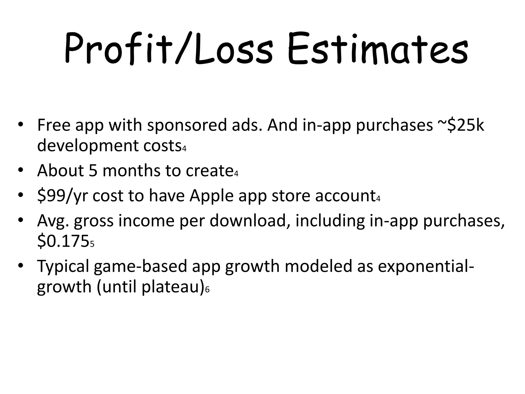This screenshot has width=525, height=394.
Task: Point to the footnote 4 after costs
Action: click(x=184, y=149)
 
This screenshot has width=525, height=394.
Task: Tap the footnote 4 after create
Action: click(x=236, y=174)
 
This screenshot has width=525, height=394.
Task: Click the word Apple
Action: click(x=211, y=196)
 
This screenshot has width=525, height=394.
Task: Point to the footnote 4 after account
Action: click(x=378, y=199)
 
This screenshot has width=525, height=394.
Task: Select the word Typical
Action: click(x=63, y=266)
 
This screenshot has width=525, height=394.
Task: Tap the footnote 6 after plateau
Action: click(x=207, y=290)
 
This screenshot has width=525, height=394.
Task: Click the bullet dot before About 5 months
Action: click(x=21, y=170)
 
